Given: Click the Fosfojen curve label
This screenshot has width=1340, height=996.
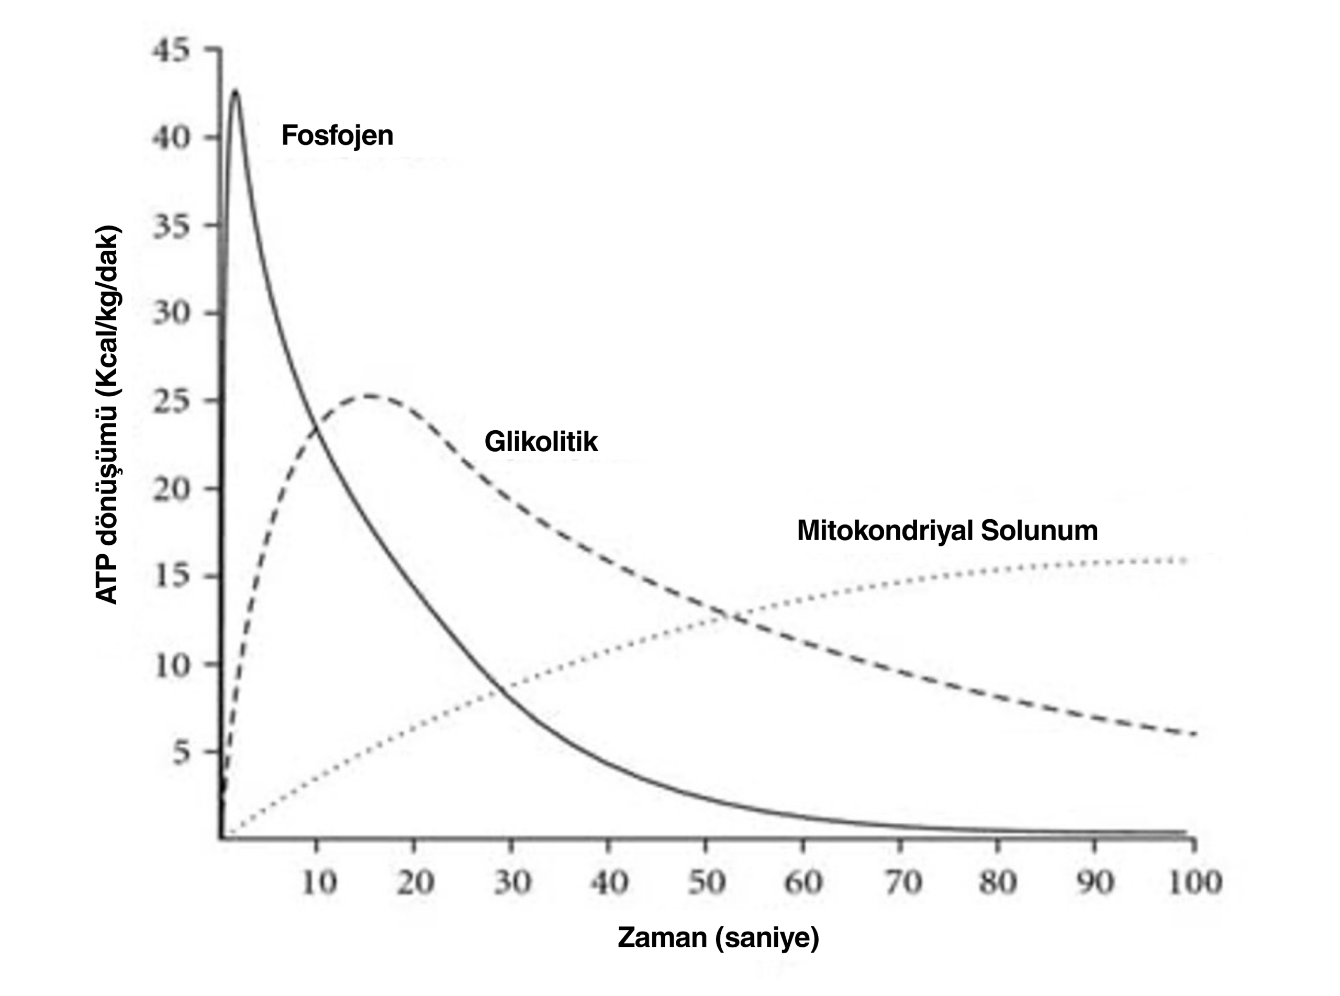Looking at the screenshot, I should coord(337,135).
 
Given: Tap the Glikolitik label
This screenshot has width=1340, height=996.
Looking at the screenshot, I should coord(541,441).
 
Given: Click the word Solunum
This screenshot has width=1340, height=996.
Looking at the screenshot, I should coord(1039,531).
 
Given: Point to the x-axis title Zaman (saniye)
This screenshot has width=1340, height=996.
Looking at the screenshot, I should coord(718,937).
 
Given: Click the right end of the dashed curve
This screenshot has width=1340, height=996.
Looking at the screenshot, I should coord(1193,734).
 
